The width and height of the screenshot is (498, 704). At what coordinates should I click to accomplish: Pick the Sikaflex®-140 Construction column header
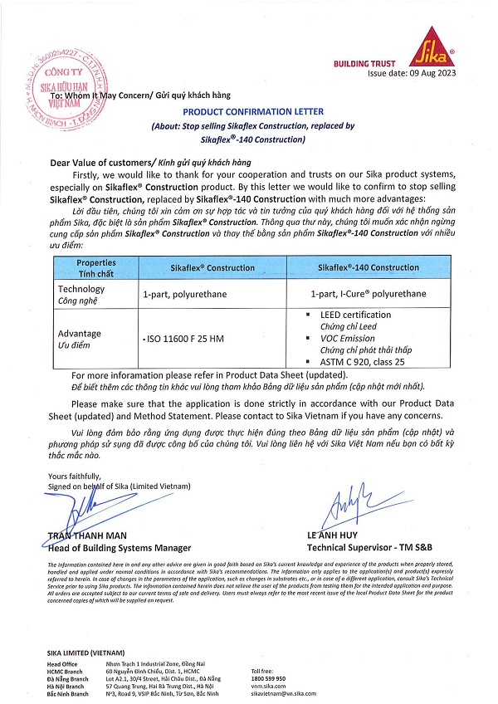point(369,268)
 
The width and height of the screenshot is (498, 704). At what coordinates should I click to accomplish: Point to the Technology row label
point(81,289)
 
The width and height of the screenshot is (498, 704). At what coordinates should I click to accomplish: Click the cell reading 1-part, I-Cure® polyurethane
point(368,294)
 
